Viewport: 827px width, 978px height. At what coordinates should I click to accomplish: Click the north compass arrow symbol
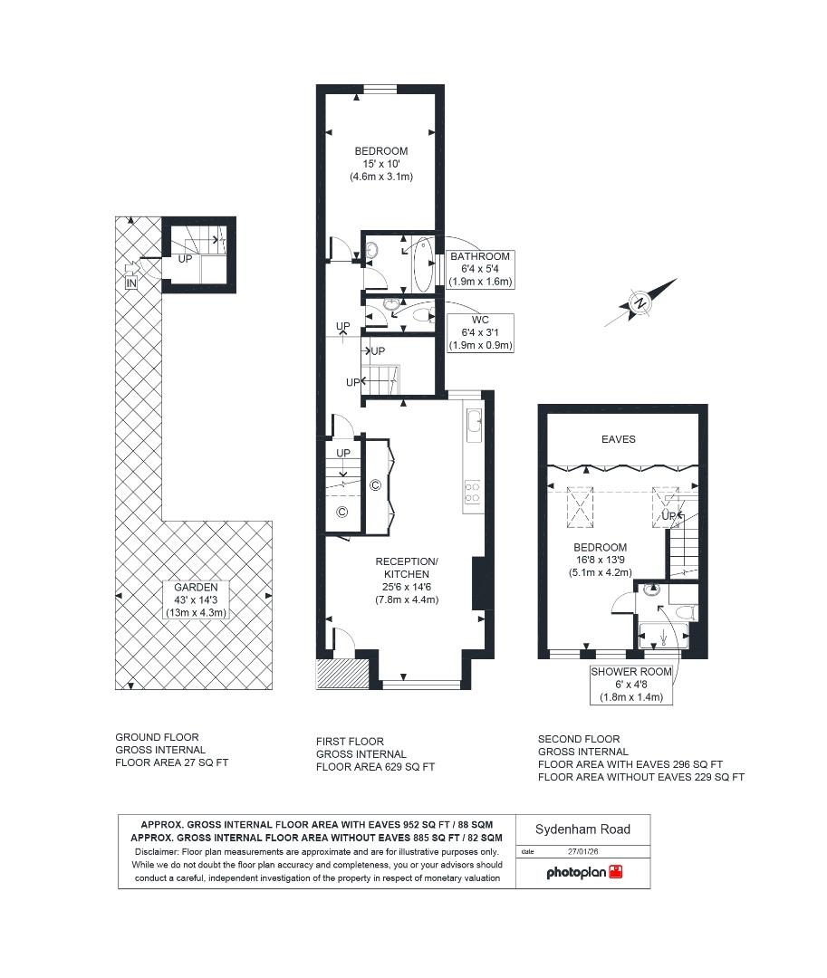point(640,302)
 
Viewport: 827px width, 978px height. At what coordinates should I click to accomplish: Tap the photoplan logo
point(583,873)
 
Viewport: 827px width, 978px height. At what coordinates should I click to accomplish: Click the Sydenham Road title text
point(582,829)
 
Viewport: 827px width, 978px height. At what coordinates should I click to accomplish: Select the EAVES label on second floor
point(619,439)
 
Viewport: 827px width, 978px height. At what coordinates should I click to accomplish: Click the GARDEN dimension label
point(196,600)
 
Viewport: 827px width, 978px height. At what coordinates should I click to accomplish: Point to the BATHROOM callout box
point(480,269)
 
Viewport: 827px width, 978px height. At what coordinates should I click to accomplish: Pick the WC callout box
point(480,332)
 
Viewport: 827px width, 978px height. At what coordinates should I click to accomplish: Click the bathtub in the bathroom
point(421,264)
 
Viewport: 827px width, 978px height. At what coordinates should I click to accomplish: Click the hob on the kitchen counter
point(473,492)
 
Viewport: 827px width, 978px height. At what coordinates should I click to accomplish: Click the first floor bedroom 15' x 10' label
point(381,164)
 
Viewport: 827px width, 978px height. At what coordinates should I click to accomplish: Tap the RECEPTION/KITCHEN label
point(407,580)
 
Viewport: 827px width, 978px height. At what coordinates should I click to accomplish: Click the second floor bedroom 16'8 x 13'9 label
point(599,560)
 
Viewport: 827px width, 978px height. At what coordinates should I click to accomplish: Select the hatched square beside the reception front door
point(342,674)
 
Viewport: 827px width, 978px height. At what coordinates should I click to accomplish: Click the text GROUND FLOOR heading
point(157,737)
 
